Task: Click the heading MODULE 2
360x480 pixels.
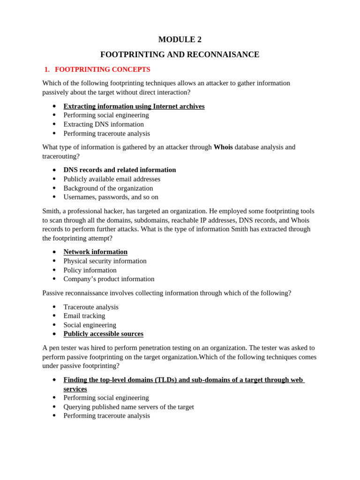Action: coord(180,40)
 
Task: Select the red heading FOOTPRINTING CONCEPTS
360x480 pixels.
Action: coord(102,69)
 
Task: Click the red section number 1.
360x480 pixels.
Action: coord(46,69)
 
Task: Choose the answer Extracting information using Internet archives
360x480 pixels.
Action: coord(134,106)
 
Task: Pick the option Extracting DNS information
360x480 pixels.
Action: coord(104,124)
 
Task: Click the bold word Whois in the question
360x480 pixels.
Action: coord(223,147)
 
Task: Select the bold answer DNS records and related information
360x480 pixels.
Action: coord(120,170)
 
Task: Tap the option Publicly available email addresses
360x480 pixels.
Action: coord(112,179)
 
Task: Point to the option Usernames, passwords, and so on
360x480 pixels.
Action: coord(111,197)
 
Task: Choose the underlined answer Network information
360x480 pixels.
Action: coord(95,252)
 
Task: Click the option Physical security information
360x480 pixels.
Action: coord(105,261)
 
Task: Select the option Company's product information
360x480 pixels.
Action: coord(109,279)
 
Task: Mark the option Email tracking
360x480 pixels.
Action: coord(84,316)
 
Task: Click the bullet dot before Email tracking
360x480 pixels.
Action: coord(54,316)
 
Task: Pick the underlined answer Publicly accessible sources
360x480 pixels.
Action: coord(103,334)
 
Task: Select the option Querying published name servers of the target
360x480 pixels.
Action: coord(128,407)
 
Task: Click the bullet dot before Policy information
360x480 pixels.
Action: coord(54,270)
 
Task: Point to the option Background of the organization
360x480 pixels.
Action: coord(108,188)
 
